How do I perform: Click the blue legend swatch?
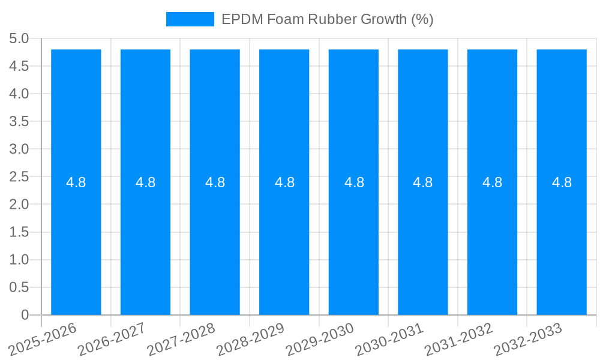click(190, 19)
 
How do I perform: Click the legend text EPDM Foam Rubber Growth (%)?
click(327, 19)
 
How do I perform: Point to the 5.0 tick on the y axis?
click(19, 39)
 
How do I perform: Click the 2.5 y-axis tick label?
click(19, 177)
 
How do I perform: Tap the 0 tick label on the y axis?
click(25, 315)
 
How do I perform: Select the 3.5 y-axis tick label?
click(19, 122)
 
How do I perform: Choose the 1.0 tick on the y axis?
click(19, 260)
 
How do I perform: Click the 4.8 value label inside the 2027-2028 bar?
click(215, 182)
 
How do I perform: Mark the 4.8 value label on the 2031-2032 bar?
click(492, 182)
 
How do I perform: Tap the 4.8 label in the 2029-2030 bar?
click(354, 182)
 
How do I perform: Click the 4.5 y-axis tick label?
click(19, 67)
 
